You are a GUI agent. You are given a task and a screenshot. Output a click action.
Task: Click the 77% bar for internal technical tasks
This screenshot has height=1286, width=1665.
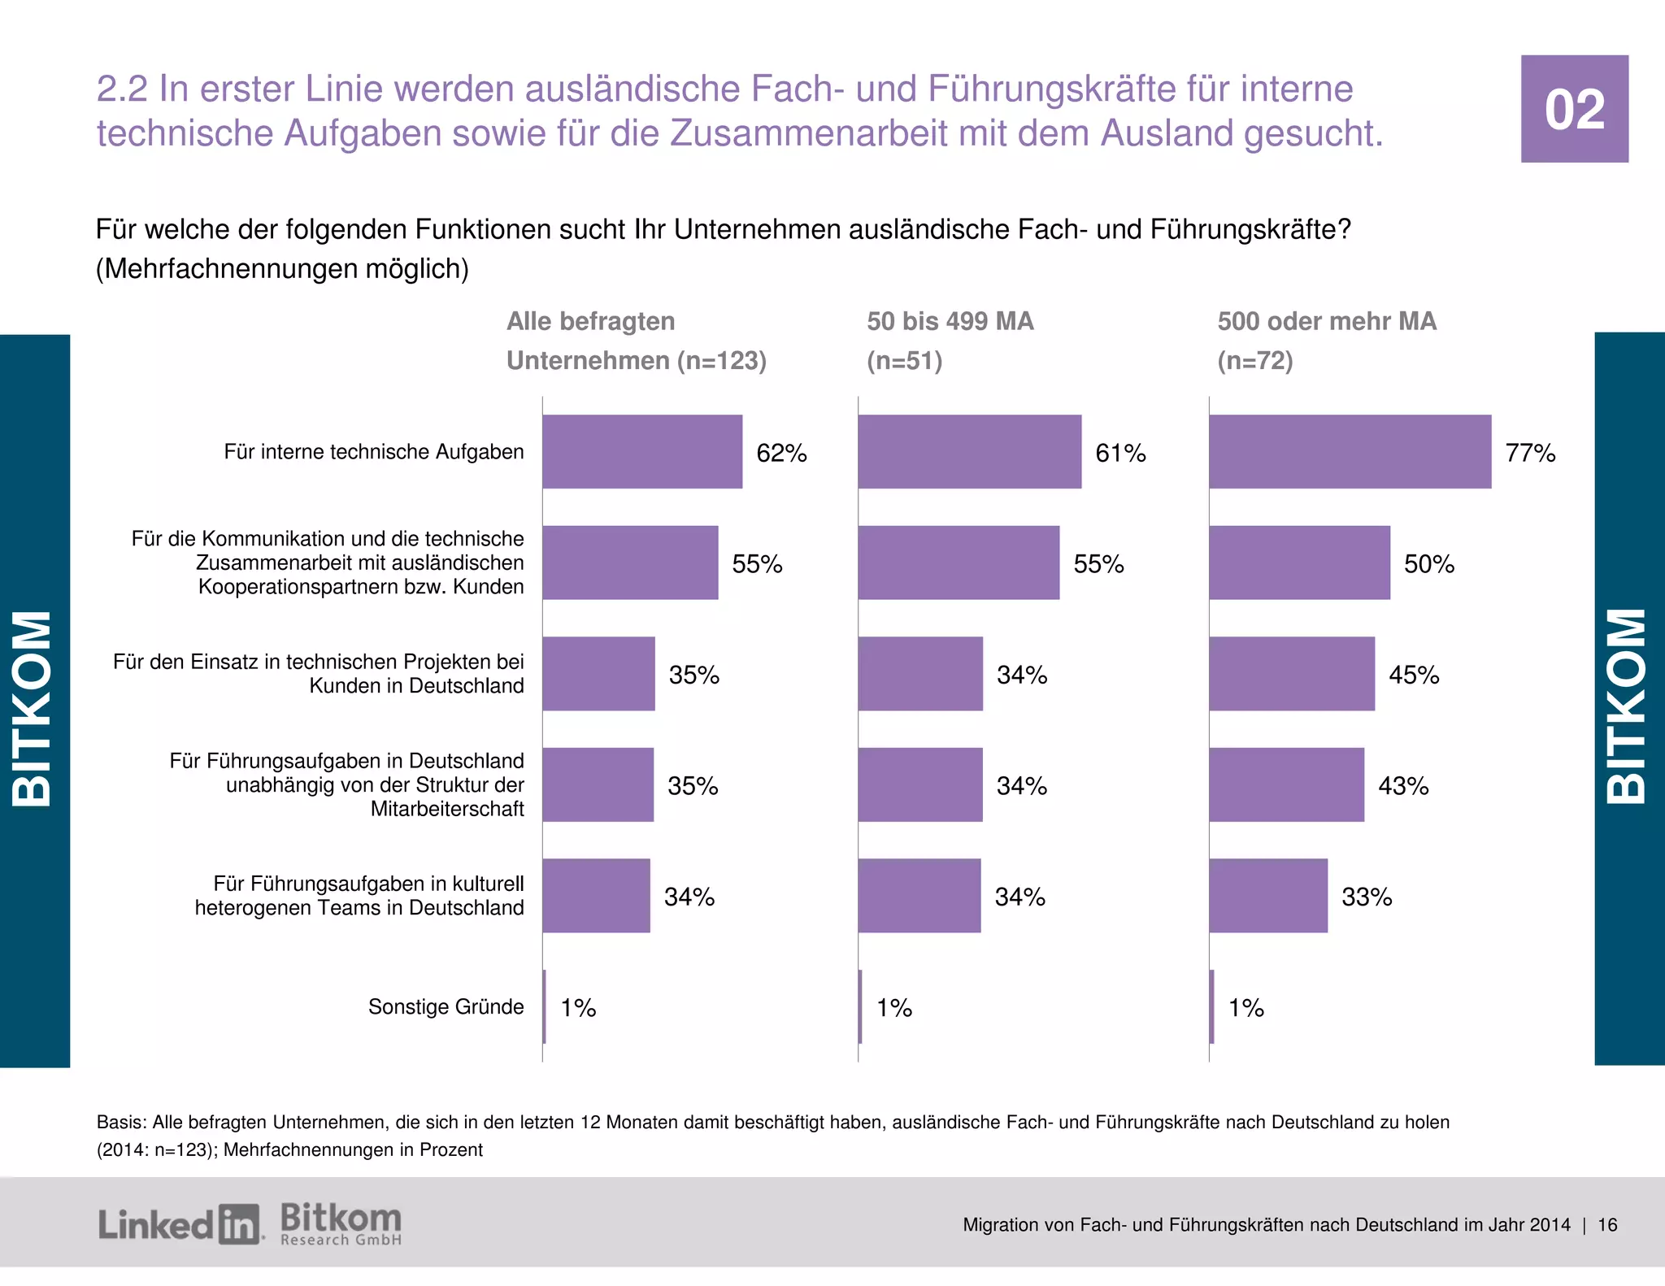1350,451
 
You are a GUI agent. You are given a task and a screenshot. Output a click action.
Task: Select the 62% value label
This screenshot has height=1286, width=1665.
781,453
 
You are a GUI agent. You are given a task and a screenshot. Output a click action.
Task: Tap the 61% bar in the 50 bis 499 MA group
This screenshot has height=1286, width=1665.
969,451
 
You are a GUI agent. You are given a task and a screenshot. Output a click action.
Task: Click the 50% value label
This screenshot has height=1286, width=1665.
1428,563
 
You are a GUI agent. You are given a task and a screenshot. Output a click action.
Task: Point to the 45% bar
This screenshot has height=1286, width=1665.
1291,674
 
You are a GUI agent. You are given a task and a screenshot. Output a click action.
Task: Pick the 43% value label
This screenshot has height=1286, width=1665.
1403,785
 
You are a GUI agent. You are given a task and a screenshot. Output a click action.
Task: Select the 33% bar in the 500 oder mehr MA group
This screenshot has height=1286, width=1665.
1267,895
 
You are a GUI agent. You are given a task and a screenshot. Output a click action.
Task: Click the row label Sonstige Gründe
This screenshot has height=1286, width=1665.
446,1006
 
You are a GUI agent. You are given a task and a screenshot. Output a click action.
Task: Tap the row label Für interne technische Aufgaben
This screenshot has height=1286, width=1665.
374,451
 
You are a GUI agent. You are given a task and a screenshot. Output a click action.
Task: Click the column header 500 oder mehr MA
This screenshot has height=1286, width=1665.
1326,321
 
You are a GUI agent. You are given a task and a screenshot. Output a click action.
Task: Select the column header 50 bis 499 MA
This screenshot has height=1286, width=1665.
950,321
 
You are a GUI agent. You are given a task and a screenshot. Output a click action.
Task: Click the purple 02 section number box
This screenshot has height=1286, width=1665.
1574,109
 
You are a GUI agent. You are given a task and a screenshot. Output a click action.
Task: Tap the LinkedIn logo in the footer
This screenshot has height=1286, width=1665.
180,1224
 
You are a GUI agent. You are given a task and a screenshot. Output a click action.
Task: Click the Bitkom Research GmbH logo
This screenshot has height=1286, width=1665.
341,1224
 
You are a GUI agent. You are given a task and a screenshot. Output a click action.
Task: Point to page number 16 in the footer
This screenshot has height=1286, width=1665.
1607,1225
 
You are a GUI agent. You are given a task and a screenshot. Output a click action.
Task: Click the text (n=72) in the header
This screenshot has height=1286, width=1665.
1254,360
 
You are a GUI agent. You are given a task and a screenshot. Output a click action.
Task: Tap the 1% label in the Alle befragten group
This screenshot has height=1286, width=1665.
578,1008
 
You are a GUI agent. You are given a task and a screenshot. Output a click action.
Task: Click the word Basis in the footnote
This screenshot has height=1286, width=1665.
121,1122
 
